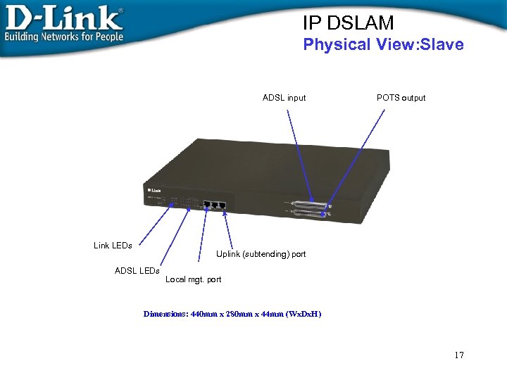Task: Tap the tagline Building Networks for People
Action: click(63, 37)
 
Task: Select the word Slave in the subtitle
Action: click(439, 45)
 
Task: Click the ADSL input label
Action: click(284, 98)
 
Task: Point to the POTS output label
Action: click(401, 98)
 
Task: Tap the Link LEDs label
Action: click(113, 246)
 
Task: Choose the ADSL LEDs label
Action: click(137, 271)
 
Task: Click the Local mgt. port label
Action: click(193, 279)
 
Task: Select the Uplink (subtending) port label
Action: click(261, 254)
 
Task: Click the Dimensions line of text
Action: click(232, 314)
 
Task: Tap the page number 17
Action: click(459, 355)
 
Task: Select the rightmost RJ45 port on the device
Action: click(223, 205)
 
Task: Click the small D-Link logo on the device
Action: click(155, 189)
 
